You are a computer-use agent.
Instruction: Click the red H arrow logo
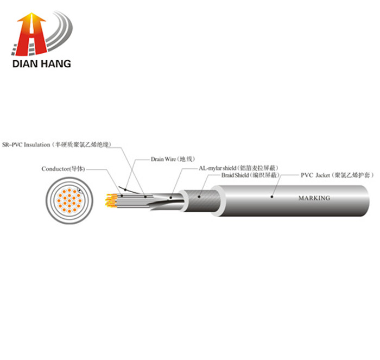click(31, 34)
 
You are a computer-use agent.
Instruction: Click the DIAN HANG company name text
click(42, 64)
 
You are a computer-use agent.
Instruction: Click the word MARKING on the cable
click(314, 198)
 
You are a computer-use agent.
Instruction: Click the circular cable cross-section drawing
click(69, 200)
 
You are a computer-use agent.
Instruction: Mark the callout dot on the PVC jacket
click(272, 197)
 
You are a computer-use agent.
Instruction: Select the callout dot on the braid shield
click(199, 197)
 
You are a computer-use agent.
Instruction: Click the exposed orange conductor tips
click(111, 200)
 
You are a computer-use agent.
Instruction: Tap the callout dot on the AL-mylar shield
click(170, 198)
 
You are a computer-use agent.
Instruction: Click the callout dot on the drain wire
click(125, 190)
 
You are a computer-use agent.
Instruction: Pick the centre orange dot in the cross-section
click(69, 200)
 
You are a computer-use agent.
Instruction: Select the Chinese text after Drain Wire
click(186, 159)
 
